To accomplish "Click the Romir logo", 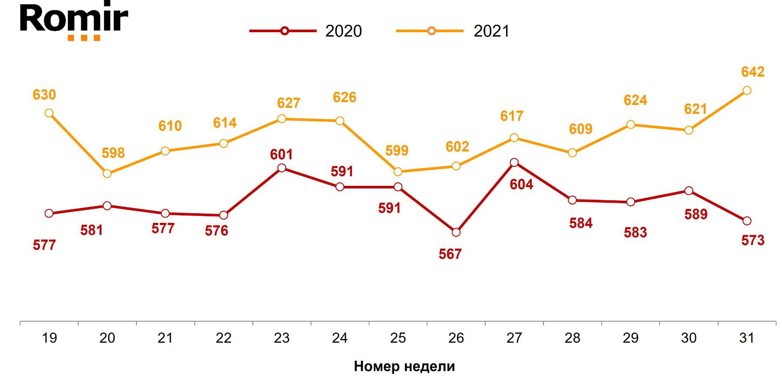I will pos(74,20).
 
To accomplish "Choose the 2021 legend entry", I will pos(453,31).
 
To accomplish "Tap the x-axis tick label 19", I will pos(50,338).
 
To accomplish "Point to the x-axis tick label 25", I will pos(398,338).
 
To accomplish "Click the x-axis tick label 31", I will pos(747,338).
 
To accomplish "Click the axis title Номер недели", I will pos(404,366).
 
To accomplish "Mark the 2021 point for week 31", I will pos(747,91).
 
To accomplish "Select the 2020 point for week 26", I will pos(456,232).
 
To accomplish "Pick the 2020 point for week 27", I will pos(514,163).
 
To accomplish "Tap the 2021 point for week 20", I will pos(107,174).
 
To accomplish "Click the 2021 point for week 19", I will pos(49,113).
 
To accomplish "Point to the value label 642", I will pos(752,72).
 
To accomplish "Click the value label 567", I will pos(450,254).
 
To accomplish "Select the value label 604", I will pos(521,185).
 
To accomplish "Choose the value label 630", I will pos(44,95).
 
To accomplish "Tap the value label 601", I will pos(282,155).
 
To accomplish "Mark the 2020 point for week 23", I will pos(282,168).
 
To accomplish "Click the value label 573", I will pos(752,240).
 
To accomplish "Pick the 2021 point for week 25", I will pos(398,172).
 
